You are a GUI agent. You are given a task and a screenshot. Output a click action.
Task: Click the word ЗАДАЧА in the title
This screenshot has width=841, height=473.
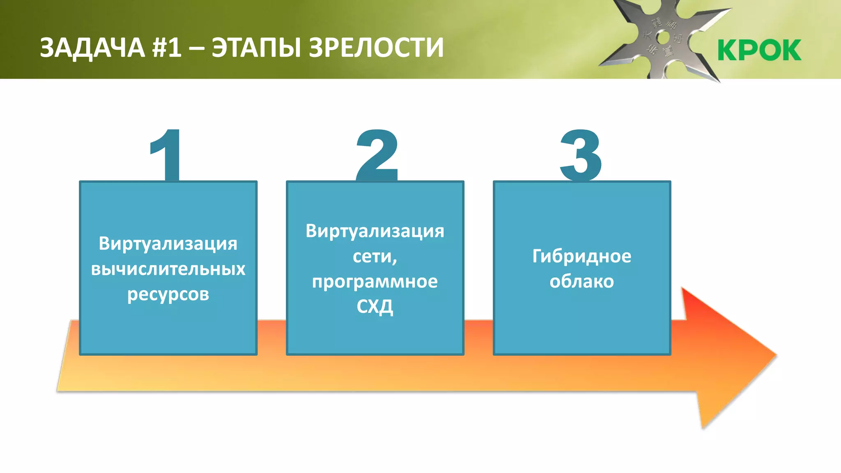coord(92,48)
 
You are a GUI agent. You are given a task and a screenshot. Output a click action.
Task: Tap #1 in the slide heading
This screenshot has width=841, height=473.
coord(167,48)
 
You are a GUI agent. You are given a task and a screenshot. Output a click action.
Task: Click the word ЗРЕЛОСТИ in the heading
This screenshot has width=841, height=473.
coord(376,48)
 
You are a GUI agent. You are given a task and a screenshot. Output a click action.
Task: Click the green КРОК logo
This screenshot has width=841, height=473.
coord(759,50)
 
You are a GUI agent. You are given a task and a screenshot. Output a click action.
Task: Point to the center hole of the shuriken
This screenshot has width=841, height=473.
coord(663,38)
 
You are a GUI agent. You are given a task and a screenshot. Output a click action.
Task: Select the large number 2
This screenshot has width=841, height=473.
coord(377,155)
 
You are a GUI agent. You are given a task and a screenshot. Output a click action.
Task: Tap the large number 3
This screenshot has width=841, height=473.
coord(581,155)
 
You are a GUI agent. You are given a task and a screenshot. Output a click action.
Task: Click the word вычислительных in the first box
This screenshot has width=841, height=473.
coord(168,269)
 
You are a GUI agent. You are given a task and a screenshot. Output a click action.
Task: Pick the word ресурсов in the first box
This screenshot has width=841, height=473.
coord(168,294)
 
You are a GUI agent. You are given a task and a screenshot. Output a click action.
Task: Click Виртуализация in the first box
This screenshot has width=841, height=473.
coord(168,243)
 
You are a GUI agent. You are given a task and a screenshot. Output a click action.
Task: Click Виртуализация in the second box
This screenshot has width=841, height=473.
coord(375,231)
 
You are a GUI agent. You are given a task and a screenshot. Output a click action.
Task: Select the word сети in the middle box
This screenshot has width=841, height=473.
coord(373,256)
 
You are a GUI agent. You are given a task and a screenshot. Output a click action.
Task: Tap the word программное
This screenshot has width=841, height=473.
coord(375,282)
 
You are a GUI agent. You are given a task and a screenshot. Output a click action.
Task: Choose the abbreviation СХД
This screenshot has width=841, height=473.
coord(375,307)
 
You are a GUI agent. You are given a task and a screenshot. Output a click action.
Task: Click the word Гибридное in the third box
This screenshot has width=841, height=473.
coord(581,256)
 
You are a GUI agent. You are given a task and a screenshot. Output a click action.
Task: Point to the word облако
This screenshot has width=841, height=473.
coord(581,282)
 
